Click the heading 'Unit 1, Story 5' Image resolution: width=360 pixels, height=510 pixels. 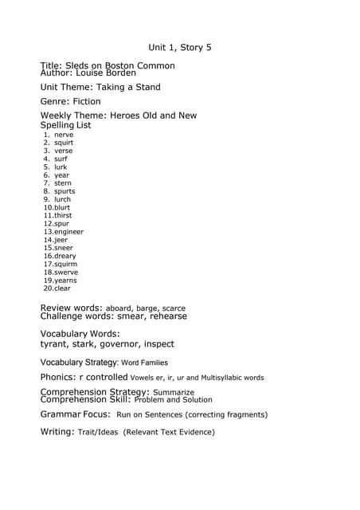pos(180,48)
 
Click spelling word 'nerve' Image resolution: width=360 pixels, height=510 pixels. pos(64,135)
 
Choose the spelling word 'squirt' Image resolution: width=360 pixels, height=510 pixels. pos(64,143)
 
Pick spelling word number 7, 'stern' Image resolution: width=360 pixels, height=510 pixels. pos(63,183)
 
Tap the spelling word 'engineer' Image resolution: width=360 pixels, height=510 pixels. pos(68,232)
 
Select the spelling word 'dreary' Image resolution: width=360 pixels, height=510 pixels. pos(65,256)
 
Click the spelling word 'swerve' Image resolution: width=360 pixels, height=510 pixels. pos(66,273)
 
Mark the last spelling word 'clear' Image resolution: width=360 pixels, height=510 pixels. pos(62,288)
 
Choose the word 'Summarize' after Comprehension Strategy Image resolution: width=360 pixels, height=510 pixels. pos(174,392)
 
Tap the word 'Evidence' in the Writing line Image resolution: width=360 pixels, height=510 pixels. pos(194,432)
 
